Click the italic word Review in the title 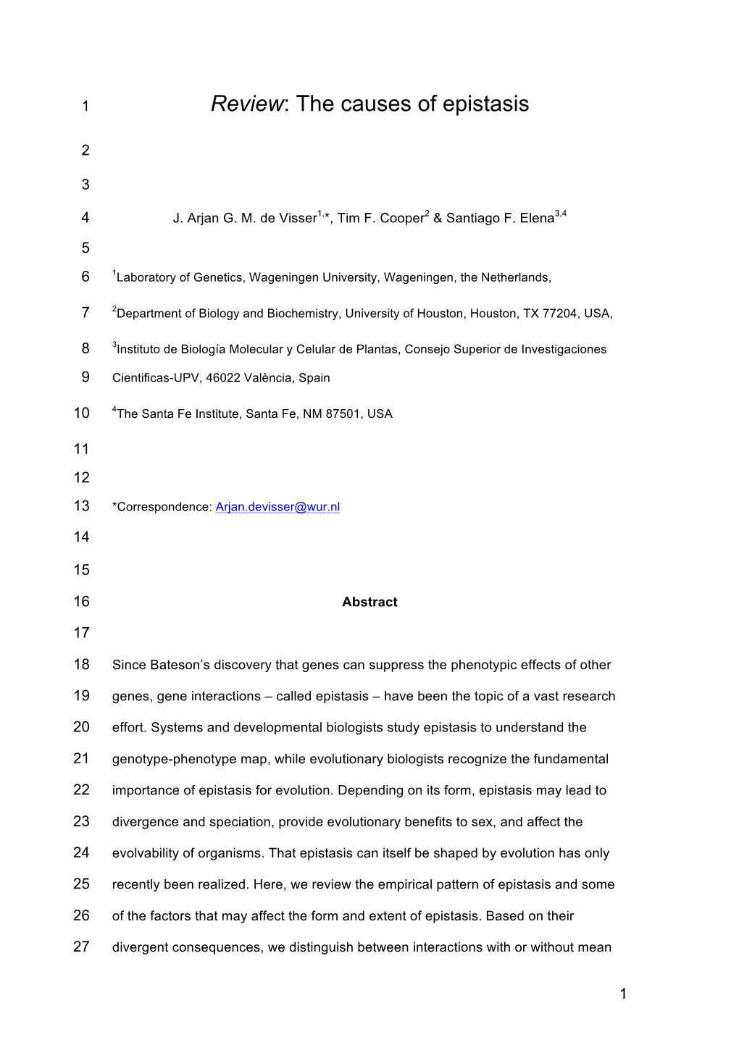tap(246, 104)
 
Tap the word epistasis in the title tap(485, 104)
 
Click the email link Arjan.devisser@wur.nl tap(277, 507)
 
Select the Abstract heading tap(369, 602)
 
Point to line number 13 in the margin tap(82, 506)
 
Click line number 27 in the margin tap(82, 947)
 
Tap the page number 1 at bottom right tap(623, 994)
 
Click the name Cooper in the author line tap(401, 219)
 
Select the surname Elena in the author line tap(537, 219)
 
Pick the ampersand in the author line tap(438, 219)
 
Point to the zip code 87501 tap(343, 414)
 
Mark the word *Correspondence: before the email tap(162, 507)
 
